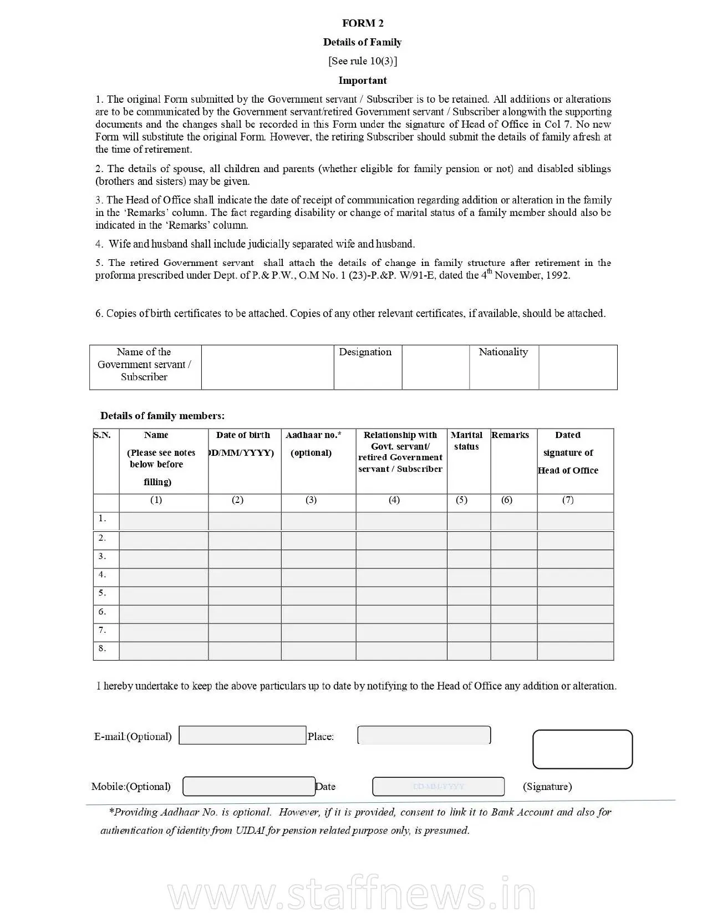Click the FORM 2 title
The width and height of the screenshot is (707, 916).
coord(363,23)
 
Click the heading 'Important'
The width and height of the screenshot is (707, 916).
coord(363,80)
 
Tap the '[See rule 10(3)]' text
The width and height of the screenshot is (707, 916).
coord(363,61)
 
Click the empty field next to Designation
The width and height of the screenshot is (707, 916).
coord(435,367)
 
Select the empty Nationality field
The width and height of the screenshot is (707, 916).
coord(578,367)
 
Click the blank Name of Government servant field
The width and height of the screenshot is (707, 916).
coord(267,367)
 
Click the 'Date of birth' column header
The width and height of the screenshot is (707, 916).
coord(243,435)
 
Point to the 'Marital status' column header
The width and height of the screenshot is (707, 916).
coord(466,441)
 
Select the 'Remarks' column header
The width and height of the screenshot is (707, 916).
coord(510,435)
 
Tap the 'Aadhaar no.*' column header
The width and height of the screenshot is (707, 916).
coord(313,435)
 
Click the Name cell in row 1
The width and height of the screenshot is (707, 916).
coord(164,521)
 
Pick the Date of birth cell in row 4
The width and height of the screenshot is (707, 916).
coord(245,577)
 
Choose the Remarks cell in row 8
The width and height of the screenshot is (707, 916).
coord(513,651)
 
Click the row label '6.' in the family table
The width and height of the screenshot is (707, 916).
coord(103,612)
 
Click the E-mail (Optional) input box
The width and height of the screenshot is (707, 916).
coord(242,735)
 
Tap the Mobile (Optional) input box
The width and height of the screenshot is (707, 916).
coord(249,786)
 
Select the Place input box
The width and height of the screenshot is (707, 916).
coord(424,735)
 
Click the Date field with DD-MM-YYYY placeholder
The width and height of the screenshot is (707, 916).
coord(438,786)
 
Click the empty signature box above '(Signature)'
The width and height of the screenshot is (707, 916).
coord(582,749)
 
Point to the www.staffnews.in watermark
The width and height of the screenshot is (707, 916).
coord(352,894)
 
